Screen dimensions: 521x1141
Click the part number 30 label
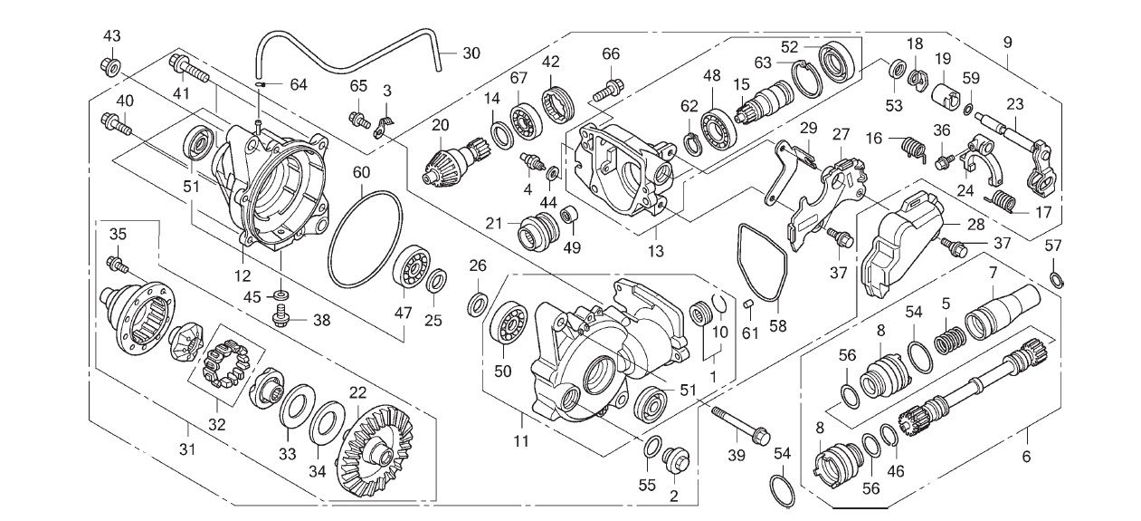click(471, 53)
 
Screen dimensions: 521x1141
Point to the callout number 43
click(111, 36)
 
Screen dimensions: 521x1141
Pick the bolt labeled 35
click(117, 264)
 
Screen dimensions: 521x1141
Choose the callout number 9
click(1008, 42)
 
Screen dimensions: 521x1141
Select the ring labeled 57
click(1056, 277)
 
